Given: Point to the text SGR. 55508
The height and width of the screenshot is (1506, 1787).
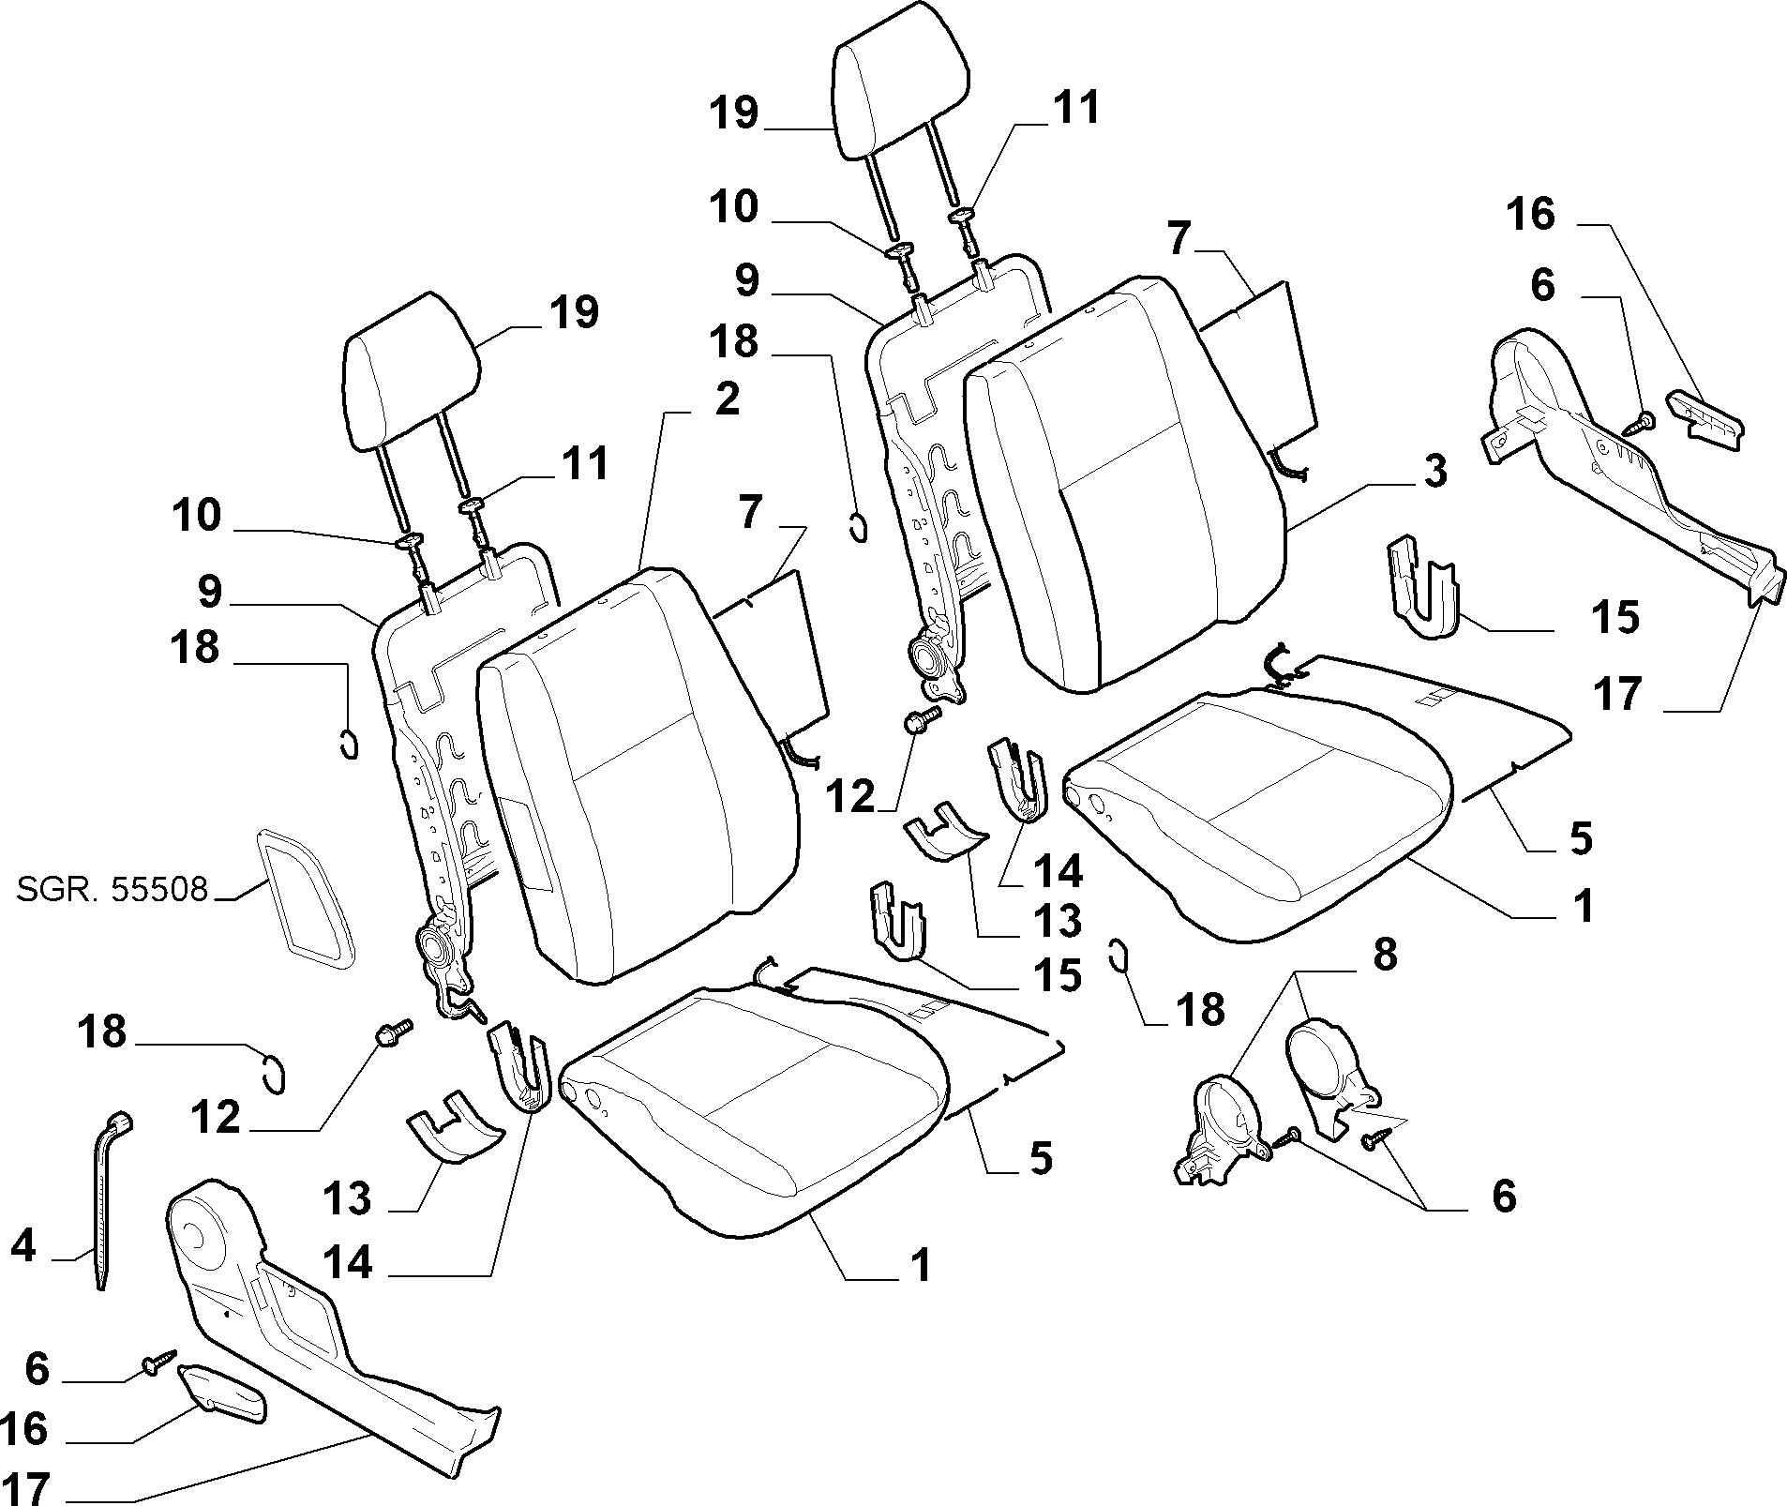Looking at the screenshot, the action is tap(112, 888).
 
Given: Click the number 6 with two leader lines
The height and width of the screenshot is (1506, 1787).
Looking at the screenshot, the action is tap(1503, 1197).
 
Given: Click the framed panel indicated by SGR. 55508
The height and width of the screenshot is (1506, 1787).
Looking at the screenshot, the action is tap(306, 898).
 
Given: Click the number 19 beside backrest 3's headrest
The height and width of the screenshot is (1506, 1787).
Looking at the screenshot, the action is tap(732, 113).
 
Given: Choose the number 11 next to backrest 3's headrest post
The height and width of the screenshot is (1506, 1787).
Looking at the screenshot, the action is tap(1075, 108).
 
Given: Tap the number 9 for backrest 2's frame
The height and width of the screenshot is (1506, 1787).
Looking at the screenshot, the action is tap(209, 592).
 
